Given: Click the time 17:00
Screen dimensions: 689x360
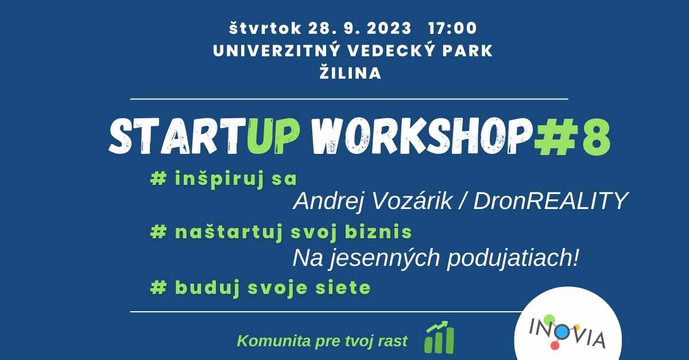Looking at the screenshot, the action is coord(452,28).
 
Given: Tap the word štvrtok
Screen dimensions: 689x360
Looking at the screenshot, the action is coord(265,28).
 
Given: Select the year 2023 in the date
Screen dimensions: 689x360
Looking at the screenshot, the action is coord(389,28).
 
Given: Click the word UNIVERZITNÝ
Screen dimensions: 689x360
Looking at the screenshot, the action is coord(276,51).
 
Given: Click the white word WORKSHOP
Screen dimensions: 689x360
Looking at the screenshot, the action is coord(421,136).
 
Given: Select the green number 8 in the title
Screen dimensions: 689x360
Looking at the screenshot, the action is coord(595,136).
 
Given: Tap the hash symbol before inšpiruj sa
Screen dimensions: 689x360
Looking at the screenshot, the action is coord(158,179).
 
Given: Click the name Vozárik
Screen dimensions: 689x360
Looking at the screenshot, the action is coord(412,201).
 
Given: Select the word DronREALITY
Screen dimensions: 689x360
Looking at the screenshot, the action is coord(550,201).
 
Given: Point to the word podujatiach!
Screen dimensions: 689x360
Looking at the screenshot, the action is coord(513,258).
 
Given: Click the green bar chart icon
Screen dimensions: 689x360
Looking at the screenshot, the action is coord(439,337).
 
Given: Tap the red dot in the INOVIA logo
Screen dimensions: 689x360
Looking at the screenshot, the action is coord(555,345).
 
